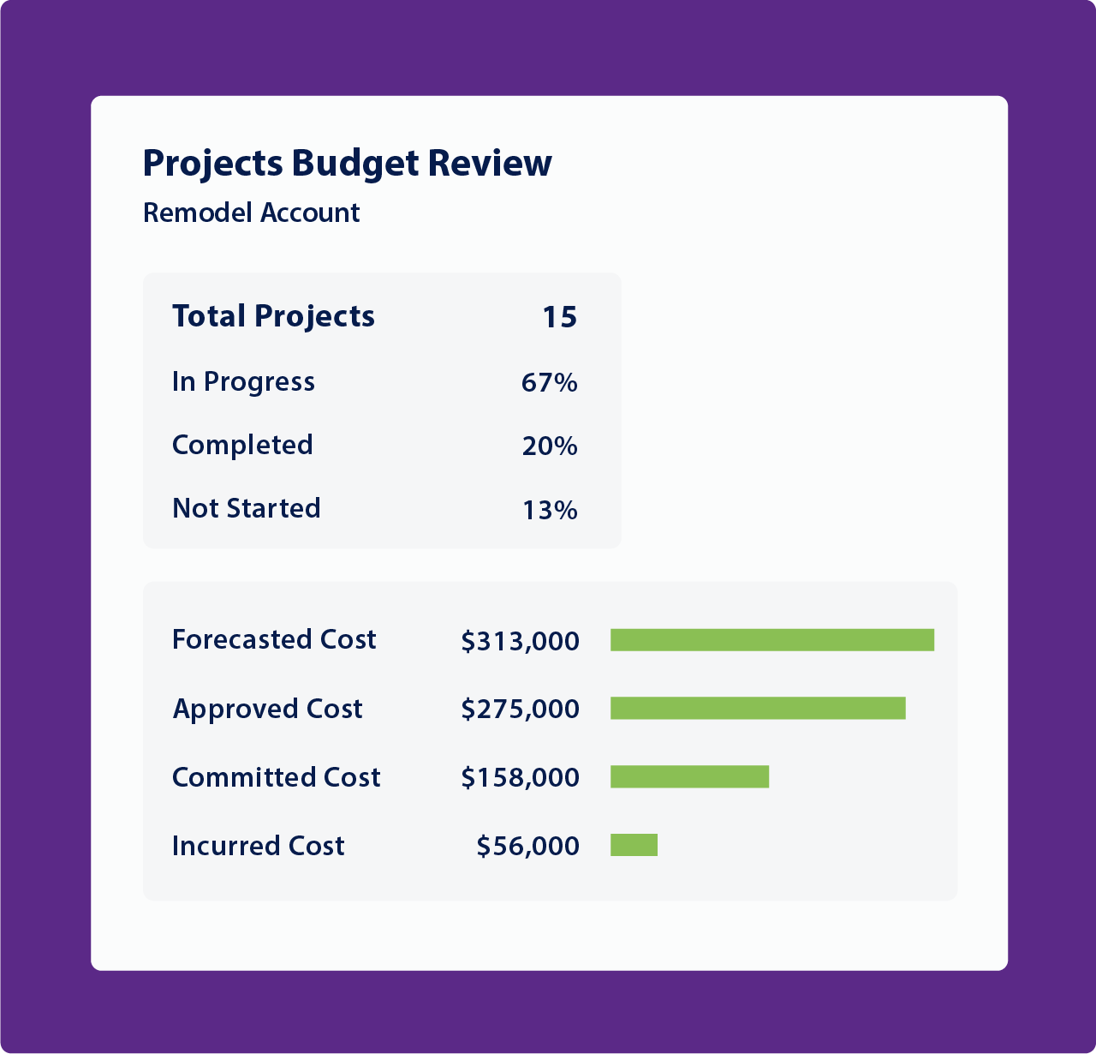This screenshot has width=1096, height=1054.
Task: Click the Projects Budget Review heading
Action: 347,163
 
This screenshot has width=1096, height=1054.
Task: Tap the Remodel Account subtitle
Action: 251,213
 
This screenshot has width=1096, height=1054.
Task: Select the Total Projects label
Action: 273,316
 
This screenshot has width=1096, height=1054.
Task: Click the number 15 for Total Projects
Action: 559,317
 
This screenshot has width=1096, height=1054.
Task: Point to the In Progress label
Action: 243,381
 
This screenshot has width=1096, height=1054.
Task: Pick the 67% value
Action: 549,382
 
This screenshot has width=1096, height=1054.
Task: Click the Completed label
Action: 242,445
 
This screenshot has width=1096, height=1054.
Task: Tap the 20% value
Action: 549,446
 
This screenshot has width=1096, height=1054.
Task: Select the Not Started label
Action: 246,508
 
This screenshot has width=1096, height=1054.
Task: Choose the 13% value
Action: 549,511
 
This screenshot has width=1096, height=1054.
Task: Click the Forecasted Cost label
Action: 274,639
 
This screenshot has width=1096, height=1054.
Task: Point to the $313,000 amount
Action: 520,641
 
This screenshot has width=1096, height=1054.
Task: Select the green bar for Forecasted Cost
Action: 771,640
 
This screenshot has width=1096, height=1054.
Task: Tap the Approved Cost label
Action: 267,709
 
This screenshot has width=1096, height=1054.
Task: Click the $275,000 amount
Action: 520,710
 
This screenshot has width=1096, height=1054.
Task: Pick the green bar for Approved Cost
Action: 757,709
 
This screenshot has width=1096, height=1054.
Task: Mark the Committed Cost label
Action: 276,777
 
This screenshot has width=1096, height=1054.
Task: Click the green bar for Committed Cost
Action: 689,777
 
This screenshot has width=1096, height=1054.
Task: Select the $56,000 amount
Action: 527,847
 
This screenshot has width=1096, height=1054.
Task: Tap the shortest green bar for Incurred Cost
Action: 634,846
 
